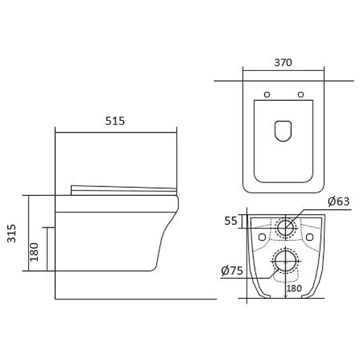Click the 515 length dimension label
point(115,121)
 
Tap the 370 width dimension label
point(283,63)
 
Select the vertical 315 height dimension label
point(12,233)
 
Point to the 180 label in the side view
point(34,252)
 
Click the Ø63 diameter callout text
point(338,201)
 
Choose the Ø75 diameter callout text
point(232,271)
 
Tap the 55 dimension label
point(230,221)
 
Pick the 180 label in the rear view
point(294,288)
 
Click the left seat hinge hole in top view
point(267,94)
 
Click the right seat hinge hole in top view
point(301,94)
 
